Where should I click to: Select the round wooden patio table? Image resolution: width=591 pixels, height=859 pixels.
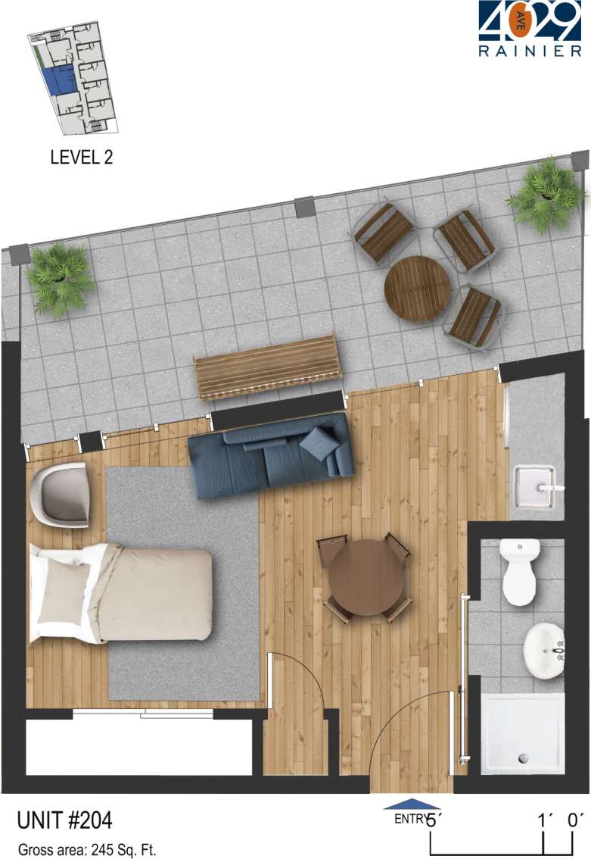[417, 288]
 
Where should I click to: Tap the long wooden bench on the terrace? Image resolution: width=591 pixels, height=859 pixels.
[266, 367]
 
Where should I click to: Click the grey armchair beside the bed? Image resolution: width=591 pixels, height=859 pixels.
[61, 495]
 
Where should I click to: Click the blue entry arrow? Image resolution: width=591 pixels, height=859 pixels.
[411, 805]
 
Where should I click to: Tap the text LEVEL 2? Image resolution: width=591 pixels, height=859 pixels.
[81, 158]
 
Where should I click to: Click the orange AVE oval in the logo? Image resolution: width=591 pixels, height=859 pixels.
[519, 23]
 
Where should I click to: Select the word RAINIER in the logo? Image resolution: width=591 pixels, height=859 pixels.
[530, 52]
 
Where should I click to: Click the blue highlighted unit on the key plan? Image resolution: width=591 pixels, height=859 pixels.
[58, 80]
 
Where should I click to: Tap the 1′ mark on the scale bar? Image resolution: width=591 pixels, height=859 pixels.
[544, 820]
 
